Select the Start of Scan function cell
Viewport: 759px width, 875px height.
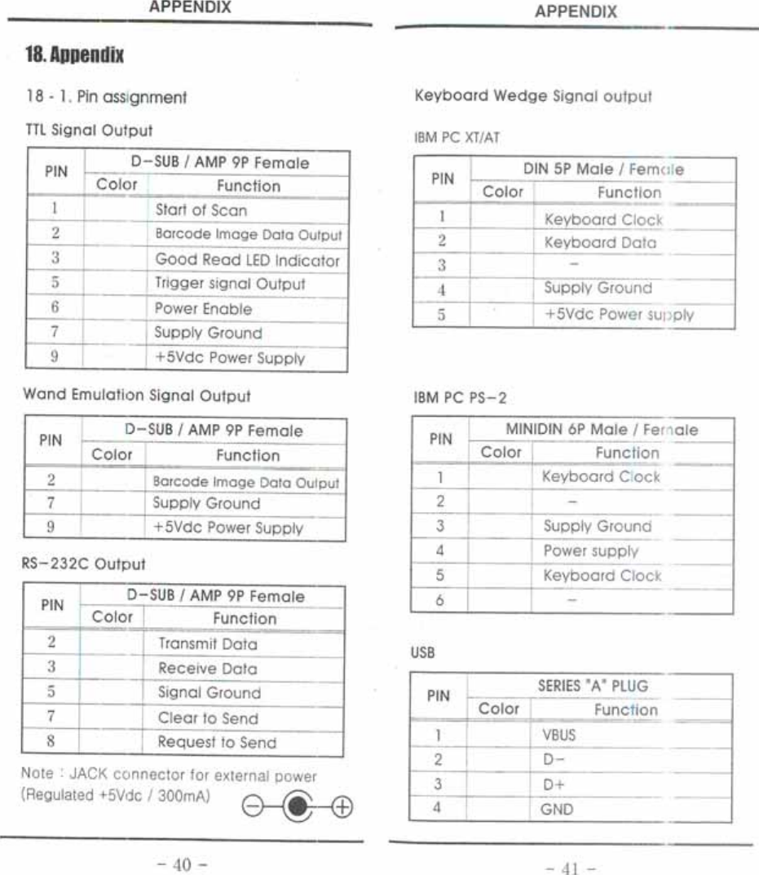click(x=201, y=210)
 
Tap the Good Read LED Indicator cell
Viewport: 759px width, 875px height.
click(x=247, y=260)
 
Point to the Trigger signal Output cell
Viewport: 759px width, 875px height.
click(x=230, y=285)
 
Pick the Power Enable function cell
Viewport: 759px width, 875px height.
click(x=203, y=309)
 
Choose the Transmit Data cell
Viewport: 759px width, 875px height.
click(x=207, y=644)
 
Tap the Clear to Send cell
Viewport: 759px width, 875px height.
click(x=207, y=718)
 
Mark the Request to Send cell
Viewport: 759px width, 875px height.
click(x=216, y=743)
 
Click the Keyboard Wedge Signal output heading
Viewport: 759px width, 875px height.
click(x=534, y=95)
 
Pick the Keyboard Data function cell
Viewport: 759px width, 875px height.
click(x=599, y=242)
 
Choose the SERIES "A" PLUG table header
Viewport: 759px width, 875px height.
click(x=593, y=686)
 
